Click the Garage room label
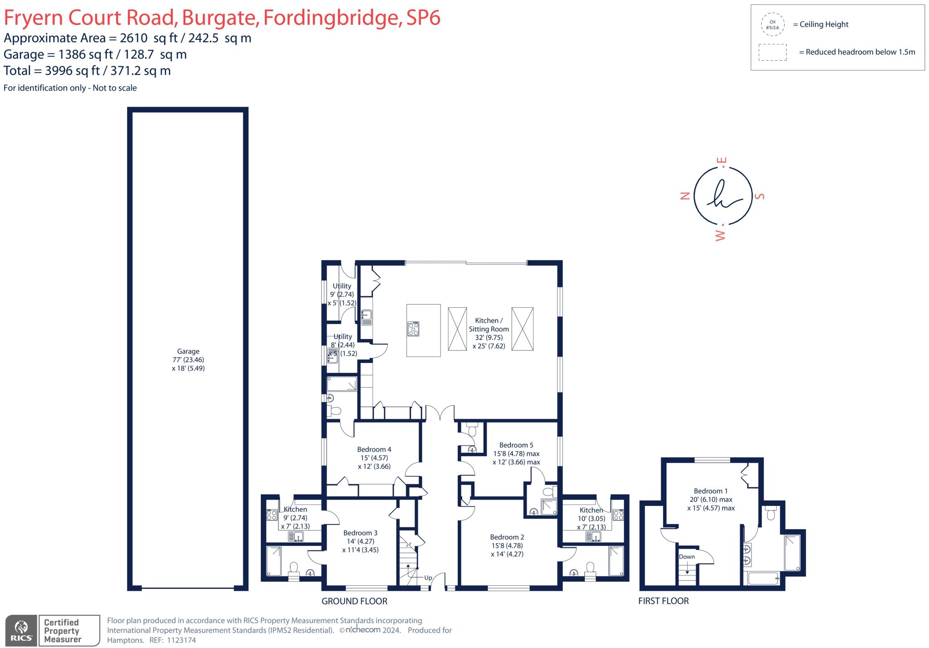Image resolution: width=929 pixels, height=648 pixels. (x=188, y=351)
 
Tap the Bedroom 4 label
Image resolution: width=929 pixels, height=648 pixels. (x=374, y=449)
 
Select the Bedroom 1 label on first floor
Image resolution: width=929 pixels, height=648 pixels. (x=710, y=491)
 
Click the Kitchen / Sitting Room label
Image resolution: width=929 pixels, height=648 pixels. (x=489, y=324)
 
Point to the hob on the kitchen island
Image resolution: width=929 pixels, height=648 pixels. (x=413, y=329)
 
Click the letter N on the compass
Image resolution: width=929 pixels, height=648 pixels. (x=685, y=196)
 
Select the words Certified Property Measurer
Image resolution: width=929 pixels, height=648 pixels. (x=62, y=631)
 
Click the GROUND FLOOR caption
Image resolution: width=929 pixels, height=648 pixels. (x=354, y=601)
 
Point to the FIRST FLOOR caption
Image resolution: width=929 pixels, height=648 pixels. (x=663, y=601)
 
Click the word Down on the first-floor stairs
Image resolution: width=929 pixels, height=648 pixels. (x=686, y=557)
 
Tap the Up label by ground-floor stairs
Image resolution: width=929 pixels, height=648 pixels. (x=428, y=578)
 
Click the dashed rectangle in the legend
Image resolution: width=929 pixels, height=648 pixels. (x=772, y=52)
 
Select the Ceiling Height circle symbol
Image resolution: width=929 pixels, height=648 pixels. (x=772, y=25)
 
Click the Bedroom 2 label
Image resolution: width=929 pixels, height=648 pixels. (x=507, y=537)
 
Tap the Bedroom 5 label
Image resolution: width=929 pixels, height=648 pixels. (x=516, y=445)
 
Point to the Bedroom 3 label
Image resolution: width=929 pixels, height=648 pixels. (x=360, y=533)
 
